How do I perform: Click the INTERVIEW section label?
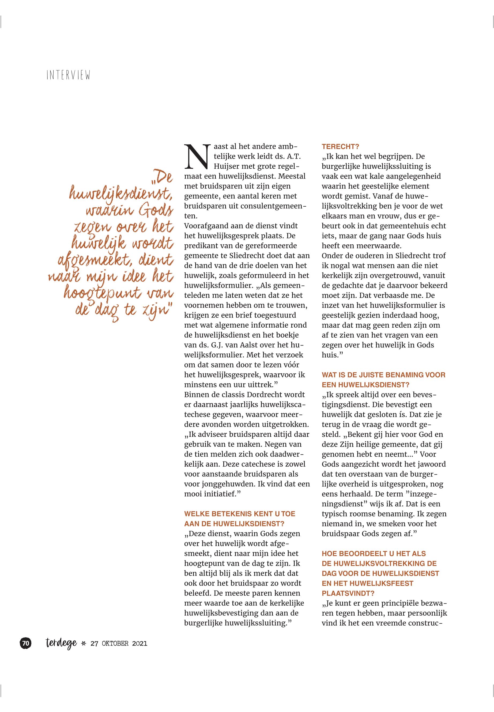[68, 75]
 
